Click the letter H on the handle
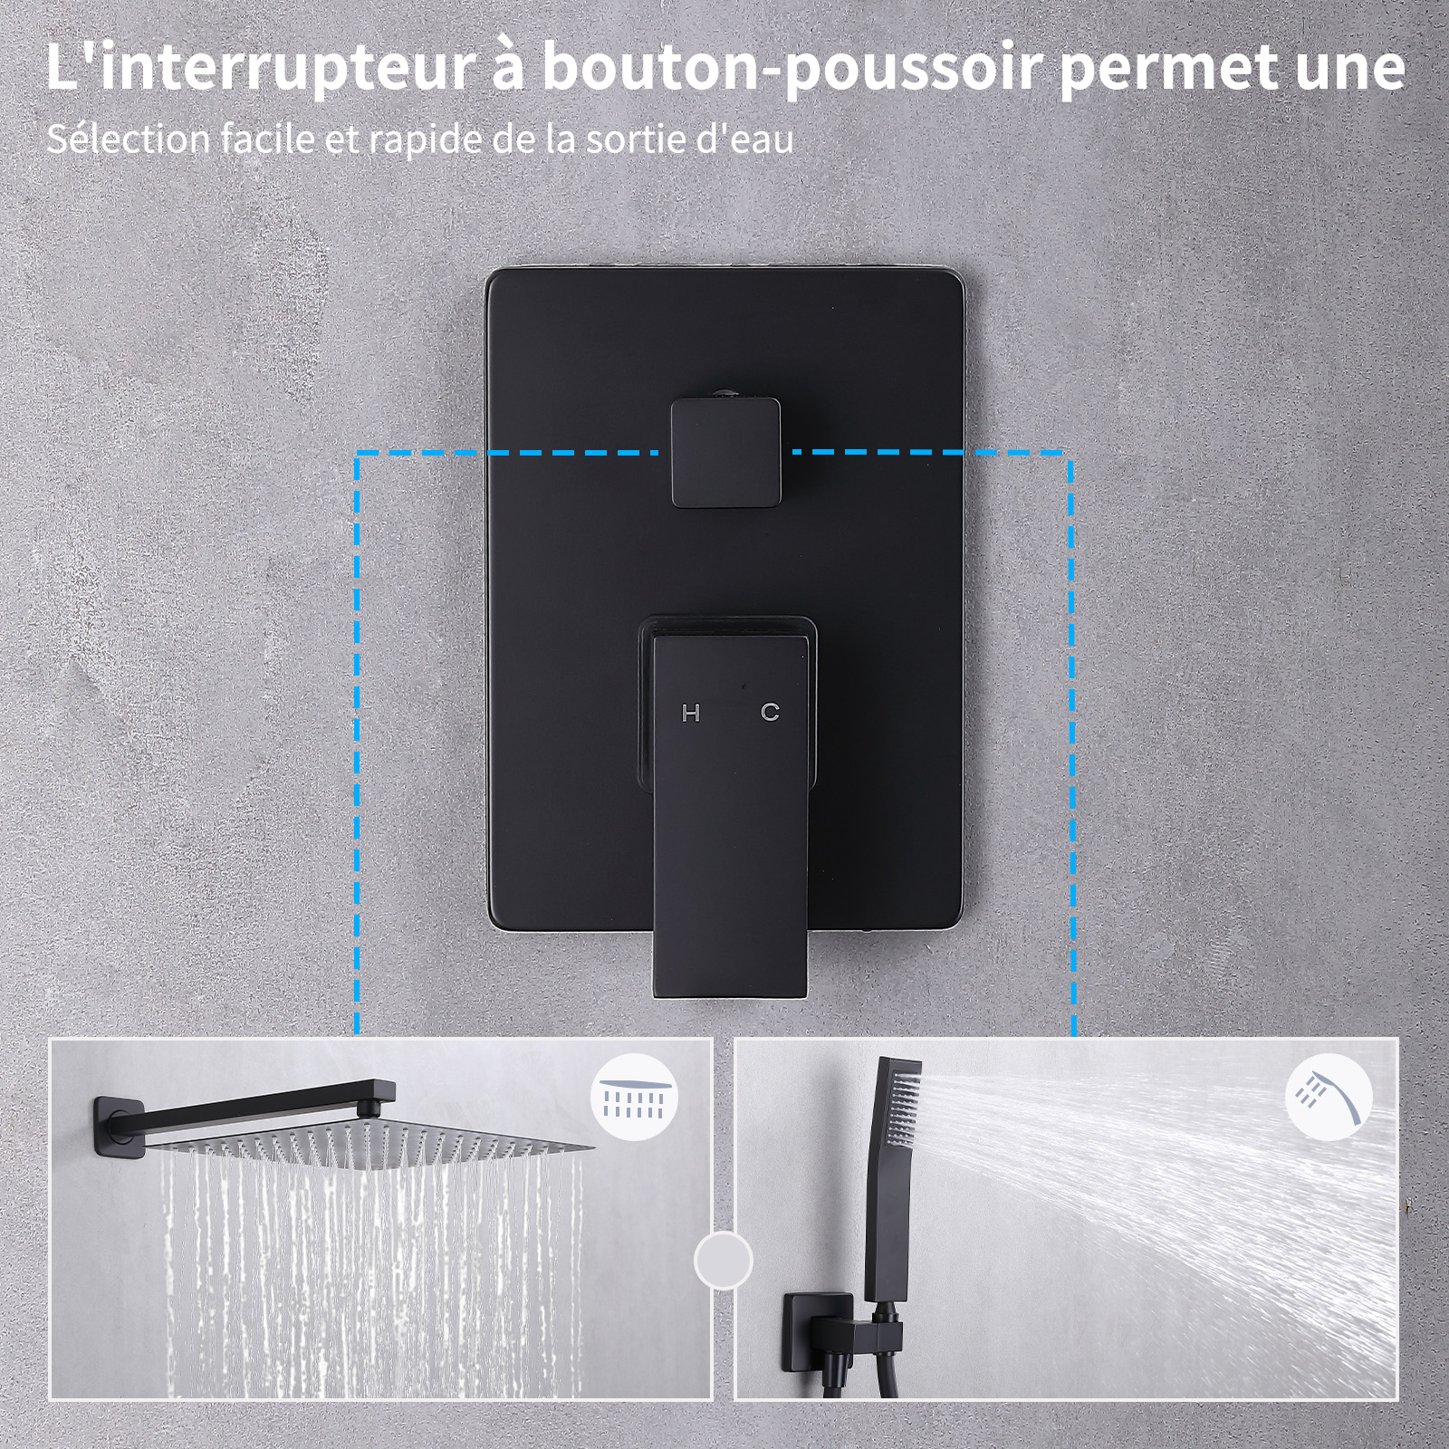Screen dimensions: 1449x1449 pyautogui.click(x=691, y=714)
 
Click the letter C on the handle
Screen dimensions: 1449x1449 pyautogui.click(x=770, y=713)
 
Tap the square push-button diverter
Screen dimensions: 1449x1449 pyautogui.click(x=725, y=453)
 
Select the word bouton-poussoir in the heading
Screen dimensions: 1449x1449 pyautogui.click(x=792, y=68)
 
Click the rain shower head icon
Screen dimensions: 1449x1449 pyautogui.click(x=634, y=1098)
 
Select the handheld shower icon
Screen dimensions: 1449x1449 pyautogui.click(x=1328, y=1097)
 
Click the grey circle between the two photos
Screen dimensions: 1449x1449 pyautogui.click(x=723, y=1259)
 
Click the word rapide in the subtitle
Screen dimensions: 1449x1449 pyautogui.click(x=427, y=139)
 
